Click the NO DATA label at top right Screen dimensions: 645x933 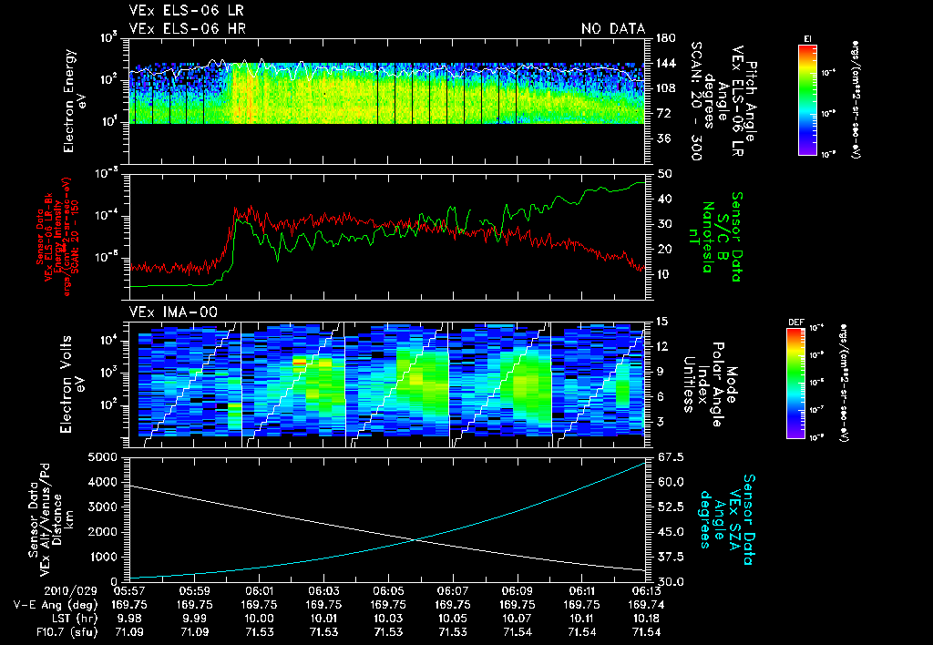pos(612,28)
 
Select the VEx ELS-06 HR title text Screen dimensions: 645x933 pos(187,28)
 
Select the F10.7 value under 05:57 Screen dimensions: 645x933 pos(130,630)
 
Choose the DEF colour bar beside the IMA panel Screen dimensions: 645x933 pos(795,383)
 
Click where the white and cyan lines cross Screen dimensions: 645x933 pos(415,539)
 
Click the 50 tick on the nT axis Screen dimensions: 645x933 pos(663,173)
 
